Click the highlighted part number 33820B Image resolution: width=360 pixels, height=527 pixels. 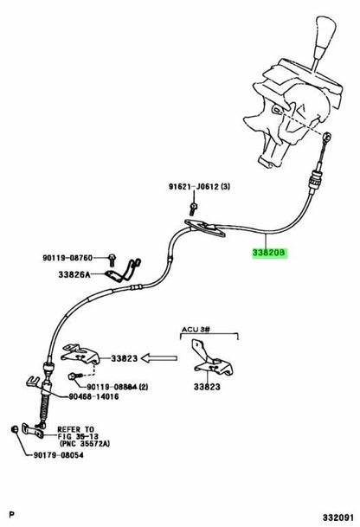270,253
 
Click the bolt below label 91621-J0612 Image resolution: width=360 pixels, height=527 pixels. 193,209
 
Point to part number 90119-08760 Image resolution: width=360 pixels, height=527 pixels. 67,258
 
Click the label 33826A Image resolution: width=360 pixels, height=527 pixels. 74,274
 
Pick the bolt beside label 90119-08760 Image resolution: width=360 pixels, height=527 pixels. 112,260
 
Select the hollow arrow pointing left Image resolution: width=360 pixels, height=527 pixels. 159,358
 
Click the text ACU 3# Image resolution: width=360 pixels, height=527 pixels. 196,329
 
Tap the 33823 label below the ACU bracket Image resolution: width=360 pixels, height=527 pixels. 207,387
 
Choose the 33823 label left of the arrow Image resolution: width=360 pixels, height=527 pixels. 125,358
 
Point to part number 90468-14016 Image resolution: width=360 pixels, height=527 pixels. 93,396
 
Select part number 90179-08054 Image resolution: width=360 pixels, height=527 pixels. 58,455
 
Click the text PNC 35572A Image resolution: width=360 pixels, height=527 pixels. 86,444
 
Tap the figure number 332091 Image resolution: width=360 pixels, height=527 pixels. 338,517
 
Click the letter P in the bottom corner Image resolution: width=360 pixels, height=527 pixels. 12,515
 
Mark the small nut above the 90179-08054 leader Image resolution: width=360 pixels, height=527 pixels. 14,429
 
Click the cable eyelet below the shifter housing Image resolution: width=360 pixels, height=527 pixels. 327,137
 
